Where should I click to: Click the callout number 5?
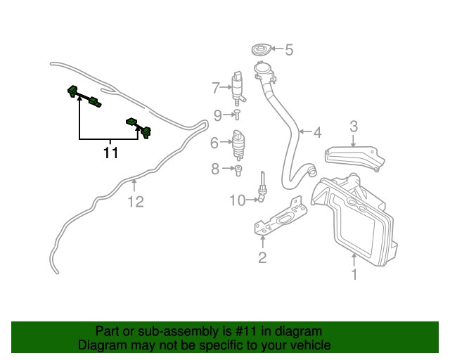289,50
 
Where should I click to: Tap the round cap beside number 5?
260,50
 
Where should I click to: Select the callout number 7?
216,89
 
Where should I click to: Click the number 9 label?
218,115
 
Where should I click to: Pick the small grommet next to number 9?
238,113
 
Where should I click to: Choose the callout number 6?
214,143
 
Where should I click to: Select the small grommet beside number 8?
238,169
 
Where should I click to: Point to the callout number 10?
238,201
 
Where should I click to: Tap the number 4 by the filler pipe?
317,131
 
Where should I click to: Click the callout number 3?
354,126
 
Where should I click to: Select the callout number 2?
262,257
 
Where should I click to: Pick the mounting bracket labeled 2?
277,218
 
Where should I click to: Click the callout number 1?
354,275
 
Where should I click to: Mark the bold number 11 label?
110,153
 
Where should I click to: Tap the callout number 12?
135,202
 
